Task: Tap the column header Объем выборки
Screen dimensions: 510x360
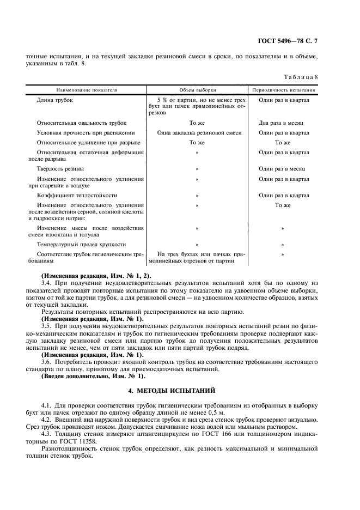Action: (197, 89)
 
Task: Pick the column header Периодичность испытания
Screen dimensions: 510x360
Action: (284, 89)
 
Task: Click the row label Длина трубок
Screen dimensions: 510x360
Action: (54, 100)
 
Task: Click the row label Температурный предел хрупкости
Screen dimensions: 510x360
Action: (81, 245)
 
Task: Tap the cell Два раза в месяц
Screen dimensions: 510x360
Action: (284, 123)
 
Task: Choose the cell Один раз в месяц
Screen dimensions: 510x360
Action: (284, 169)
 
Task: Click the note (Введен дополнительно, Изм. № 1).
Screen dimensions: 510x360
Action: (94, 376)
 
